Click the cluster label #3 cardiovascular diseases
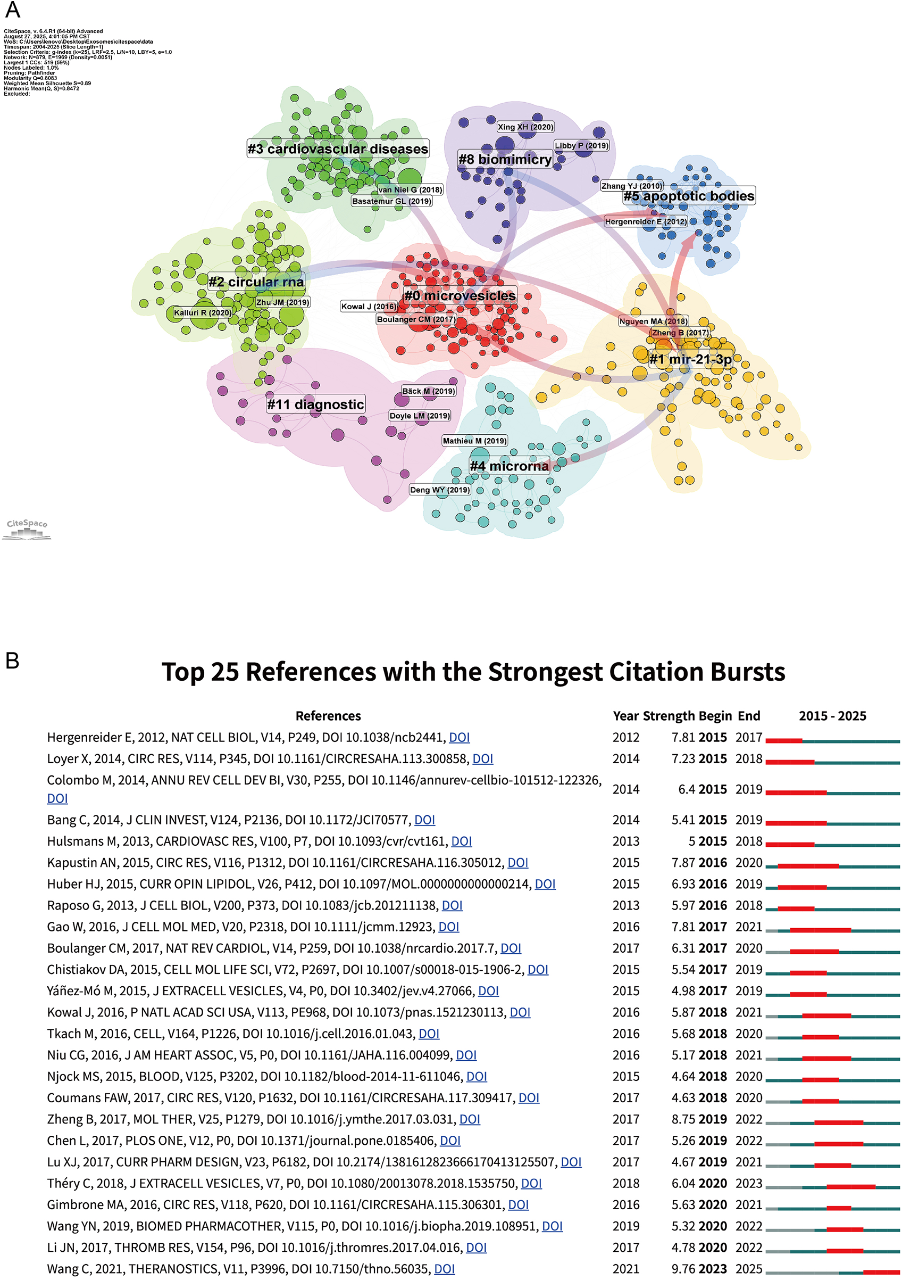[x=338, y=149]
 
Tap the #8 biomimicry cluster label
[x=505, y=160]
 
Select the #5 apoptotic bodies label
[x=689, y=196]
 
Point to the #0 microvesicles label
[x=460, y=295]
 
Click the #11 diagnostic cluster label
[x=315, y=404]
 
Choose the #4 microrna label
[x=509, y=466]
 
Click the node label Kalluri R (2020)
[x=202, y=313]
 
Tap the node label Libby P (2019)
[x=581, y=145]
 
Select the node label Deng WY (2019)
[x=440, y=490]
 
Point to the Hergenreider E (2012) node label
[x=646, y=221]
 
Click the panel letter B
[x=12, y=660]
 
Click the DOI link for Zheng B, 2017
[x=470, y=1119]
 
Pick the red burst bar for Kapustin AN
[x=808, y=866]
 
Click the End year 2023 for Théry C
[x=748, y=1183]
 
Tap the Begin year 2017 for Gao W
[x=713, y=927]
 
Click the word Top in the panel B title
[x=182, y=672]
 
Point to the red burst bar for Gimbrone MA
[x=839, y=1208]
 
